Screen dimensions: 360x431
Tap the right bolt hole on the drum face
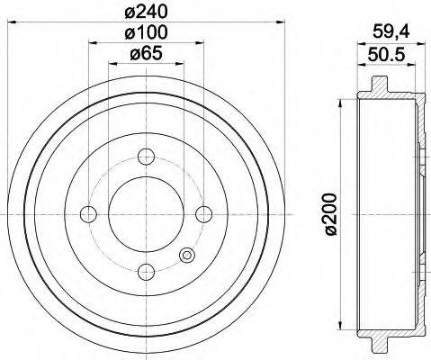pos(203,213)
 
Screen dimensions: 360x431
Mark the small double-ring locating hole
pos(187,255)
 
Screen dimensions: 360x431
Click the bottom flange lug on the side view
pos(377,343)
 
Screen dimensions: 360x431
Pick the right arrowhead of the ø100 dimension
pos(200,43)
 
